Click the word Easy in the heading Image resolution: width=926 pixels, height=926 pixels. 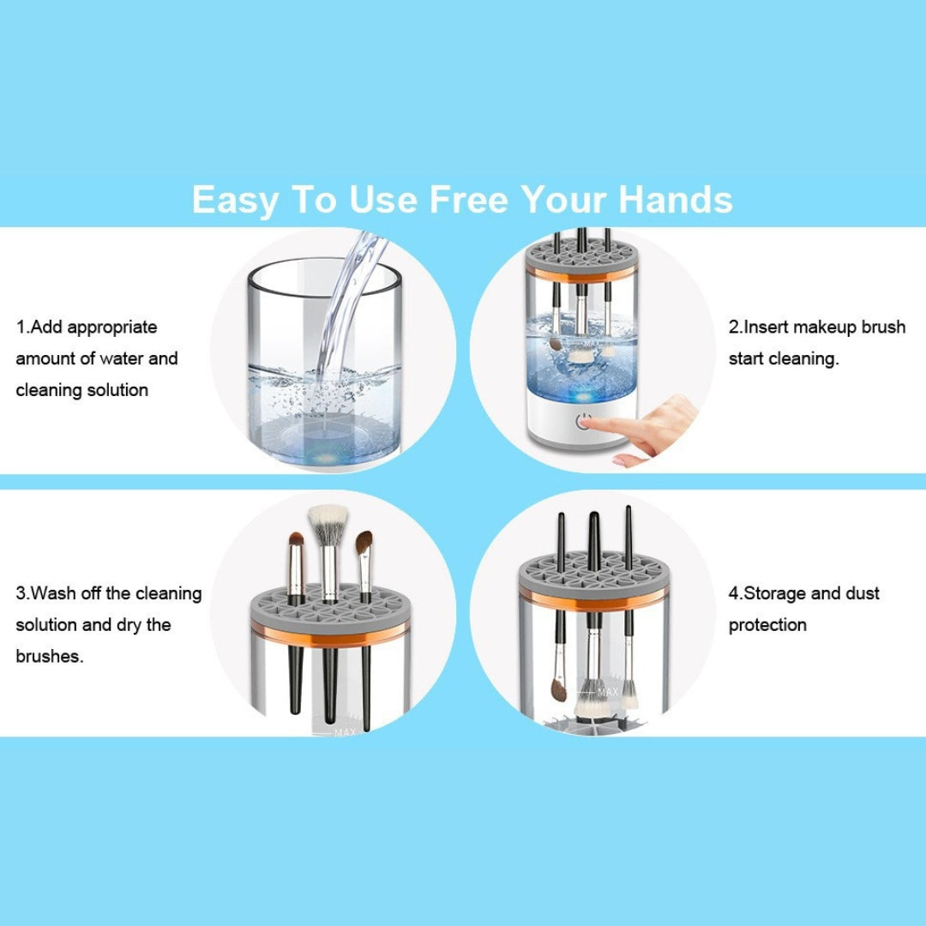(x=234, y=200)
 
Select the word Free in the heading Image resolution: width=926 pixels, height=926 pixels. (x=468, y=199)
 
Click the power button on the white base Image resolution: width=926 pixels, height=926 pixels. (x=584, y=422)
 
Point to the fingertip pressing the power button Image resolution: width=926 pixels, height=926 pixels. (x=586, y=422)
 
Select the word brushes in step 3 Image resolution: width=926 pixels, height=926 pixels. (x=49, y=656)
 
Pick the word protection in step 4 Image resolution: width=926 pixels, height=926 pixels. (x=767, y=625)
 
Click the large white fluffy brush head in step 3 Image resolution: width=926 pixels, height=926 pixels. (x=328, y=524)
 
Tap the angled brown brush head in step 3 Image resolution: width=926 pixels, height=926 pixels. (x=364, y=542)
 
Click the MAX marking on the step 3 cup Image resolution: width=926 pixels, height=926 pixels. (x=345, y=731)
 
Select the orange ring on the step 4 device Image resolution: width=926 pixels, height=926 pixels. (x=593, y=599)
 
